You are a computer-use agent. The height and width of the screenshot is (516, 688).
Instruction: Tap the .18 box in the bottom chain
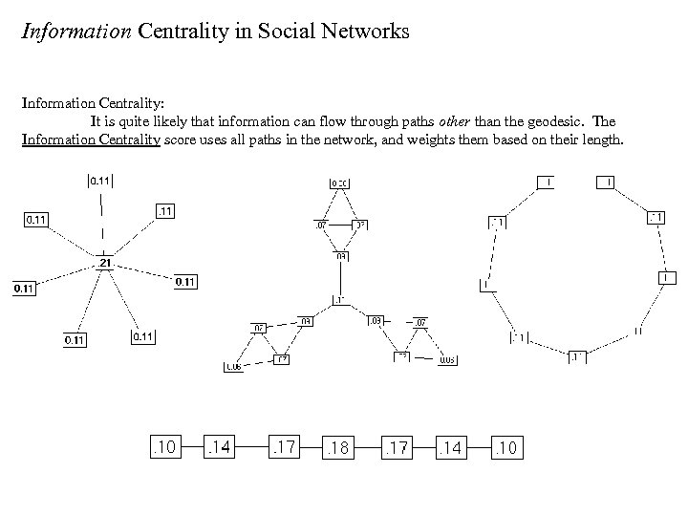point(337,446)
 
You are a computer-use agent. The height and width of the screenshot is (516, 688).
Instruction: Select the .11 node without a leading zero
point(165,211)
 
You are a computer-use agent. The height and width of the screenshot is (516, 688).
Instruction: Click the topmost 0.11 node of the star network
point(100,180)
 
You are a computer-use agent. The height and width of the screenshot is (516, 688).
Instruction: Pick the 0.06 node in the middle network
point(233,367)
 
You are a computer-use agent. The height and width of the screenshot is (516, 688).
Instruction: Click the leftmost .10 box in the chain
point(164,446)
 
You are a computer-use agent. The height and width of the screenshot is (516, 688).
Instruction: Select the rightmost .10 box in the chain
point(506,446)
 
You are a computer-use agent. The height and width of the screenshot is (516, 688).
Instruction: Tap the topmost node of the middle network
point(339,183)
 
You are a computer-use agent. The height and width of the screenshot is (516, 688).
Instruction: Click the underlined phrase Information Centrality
point(91,140)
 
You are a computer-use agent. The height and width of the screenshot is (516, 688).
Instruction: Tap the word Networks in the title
point(369,32)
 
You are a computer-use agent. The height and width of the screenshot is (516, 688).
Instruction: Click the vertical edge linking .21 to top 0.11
point(102,225)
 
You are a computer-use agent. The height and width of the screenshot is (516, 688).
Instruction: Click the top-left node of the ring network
point(545,182)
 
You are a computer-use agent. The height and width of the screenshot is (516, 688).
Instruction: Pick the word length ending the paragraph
point(602,140)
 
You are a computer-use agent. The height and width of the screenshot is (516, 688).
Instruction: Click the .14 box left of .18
point(221,446)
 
